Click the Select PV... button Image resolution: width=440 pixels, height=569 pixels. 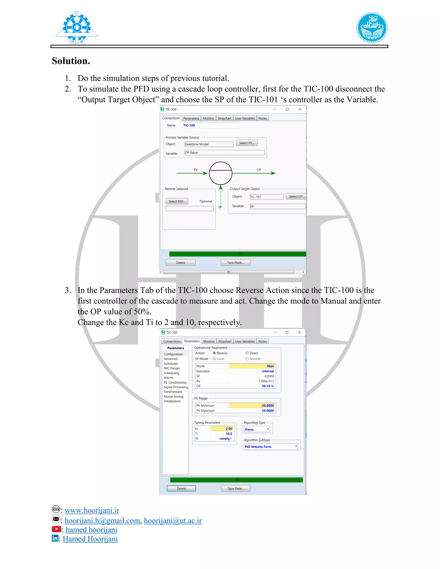click(247, 143)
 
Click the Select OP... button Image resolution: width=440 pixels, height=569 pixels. click(296, 196)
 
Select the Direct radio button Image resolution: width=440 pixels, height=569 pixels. click(247, 353)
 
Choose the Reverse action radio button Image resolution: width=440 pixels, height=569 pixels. click(214, 353)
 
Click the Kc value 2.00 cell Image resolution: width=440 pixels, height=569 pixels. click(223, 429)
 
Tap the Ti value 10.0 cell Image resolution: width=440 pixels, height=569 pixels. click(223, 434)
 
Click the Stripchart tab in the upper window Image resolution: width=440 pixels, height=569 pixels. click(225, 118)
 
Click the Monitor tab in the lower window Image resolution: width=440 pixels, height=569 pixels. click(209, 341)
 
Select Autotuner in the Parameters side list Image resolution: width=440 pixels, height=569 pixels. click(171, 364)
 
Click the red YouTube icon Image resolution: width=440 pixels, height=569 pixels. click(56, 529)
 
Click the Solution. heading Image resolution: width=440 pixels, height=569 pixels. click(71, 61)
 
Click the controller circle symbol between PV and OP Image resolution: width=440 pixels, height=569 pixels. click(220, 173)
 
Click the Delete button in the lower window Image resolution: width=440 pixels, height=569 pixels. click(181, 488)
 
